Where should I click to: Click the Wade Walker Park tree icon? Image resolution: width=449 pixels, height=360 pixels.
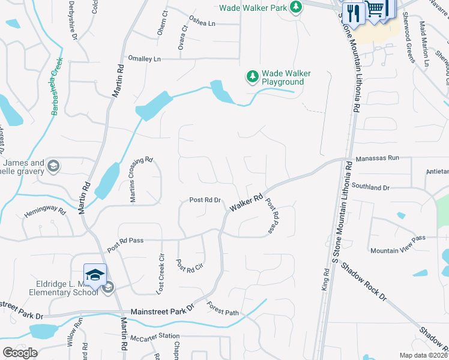[x=295, y=7]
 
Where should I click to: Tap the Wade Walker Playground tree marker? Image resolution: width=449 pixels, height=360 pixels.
[x=253, y=77]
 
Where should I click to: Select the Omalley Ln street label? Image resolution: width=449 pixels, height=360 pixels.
[x=145, y=59]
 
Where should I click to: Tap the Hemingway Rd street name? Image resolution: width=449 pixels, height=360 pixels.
[x=44, y=211]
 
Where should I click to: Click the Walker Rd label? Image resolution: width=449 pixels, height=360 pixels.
[x=246, y=202]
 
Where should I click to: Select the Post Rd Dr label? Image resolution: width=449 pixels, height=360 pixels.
[x=205, y=200]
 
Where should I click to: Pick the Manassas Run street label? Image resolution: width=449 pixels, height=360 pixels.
[x=377, y=158]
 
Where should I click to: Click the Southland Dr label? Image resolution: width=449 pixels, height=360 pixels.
[x=371, y=187]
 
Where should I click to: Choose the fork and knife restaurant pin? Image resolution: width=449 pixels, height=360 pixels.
[x=353, y=12]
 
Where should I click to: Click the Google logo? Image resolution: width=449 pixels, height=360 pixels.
[x=20, y=353]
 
